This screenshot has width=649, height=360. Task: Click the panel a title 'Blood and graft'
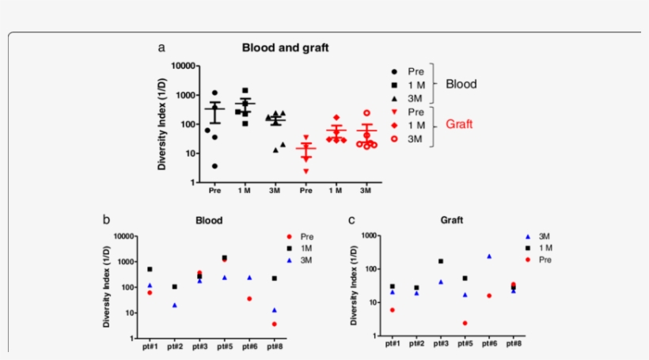pyautogui.click(x=285, y=47)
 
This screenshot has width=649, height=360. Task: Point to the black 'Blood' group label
pyautogui.click(x=461, y=83)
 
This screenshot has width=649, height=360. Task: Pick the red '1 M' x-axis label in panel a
pyautogui.click(x=336, y=191)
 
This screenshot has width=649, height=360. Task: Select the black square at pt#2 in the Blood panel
pyautogui.click(x=174, y=286)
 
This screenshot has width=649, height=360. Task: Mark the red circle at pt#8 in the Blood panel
pyautogui.click(x=274, y=324)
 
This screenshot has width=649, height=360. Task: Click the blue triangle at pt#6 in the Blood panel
pyautogui.click(x=249, y=278)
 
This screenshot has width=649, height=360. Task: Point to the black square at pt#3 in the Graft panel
pyautogui.click(x=440, y=261)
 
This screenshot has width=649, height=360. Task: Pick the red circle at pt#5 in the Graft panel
pyautogui.click(x=465, y=323)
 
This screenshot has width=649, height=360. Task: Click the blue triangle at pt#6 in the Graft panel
pyautogui.click(x=489, y=256)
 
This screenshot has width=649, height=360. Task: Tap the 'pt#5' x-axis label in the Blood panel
pyautogui.click(x=224, y=346)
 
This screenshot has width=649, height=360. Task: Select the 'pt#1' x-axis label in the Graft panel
pyautogui.click(x=392, y=346)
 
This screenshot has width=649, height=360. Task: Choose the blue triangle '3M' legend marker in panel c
pyautogui.click(x=528, y=237)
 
